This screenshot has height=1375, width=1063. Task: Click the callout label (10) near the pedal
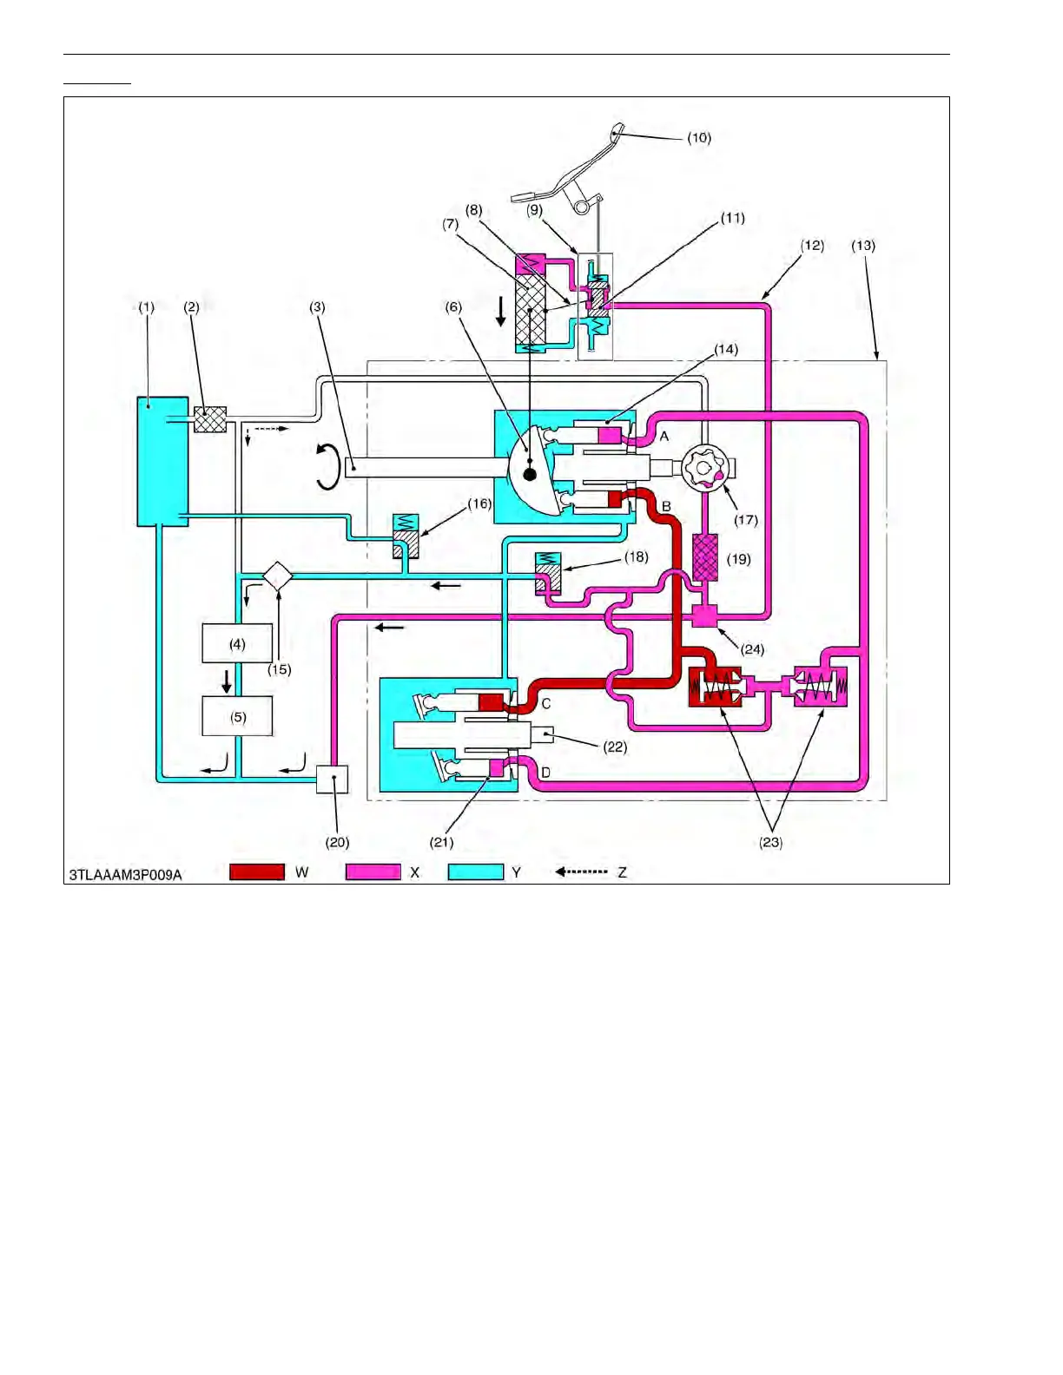coord(699,138)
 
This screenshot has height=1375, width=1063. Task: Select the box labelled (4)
coord(237,643)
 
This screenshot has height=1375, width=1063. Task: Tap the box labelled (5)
coord(237,716)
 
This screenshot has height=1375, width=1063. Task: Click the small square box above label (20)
coord(332,779)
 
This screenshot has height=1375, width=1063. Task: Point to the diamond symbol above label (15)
coord(277,576)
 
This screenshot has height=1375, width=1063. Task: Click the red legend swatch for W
coord(257,872)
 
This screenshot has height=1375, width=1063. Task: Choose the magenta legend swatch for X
coord(373,872)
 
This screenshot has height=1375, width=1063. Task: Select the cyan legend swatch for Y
coord(476,872)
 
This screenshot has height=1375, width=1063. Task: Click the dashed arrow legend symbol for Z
coord(581,872)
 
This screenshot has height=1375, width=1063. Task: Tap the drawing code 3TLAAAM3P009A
coord(126,875)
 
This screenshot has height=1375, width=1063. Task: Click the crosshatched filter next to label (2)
coord(210,419)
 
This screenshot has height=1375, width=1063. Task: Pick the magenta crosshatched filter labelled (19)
coord(705,557)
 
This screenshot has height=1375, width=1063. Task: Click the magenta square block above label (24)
coord(704,616)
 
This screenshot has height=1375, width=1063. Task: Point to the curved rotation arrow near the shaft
coord(327,466)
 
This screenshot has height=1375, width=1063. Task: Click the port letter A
coord(664,437)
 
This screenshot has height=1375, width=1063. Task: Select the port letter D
coord(546,773)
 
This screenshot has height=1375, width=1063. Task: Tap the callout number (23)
coord(771,842)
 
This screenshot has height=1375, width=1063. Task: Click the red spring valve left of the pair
coord(714,687)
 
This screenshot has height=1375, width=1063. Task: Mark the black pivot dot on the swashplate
coord(530,474)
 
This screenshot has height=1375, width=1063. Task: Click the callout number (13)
coord(863,246)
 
